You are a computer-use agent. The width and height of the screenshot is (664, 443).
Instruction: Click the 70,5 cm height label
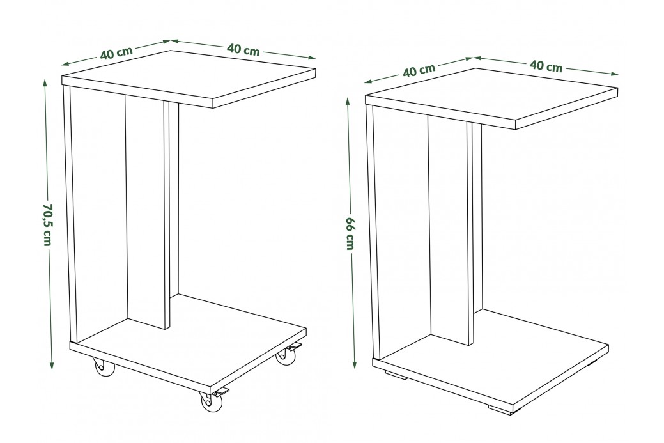click(47, 224)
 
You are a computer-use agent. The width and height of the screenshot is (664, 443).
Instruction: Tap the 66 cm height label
click(350, 233)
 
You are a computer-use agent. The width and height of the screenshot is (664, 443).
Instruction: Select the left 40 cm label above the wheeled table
click(116, 52)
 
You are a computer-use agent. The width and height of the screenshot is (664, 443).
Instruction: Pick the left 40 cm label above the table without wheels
click(419, 70)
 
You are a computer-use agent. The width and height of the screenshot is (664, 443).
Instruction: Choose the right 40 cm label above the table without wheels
click(546, 66)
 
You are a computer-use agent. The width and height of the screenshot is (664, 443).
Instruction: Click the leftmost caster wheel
click(104, 367)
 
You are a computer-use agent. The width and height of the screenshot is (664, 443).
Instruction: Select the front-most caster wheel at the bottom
click(211, 401)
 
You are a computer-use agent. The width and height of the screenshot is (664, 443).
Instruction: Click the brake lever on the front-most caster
click(222, 392)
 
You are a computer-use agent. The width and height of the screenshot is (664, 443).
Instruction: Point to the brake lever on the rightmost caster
click(295, 346)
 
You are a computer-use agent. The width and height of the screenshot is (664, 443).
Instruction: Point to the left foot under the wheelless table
click(395, 375)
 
